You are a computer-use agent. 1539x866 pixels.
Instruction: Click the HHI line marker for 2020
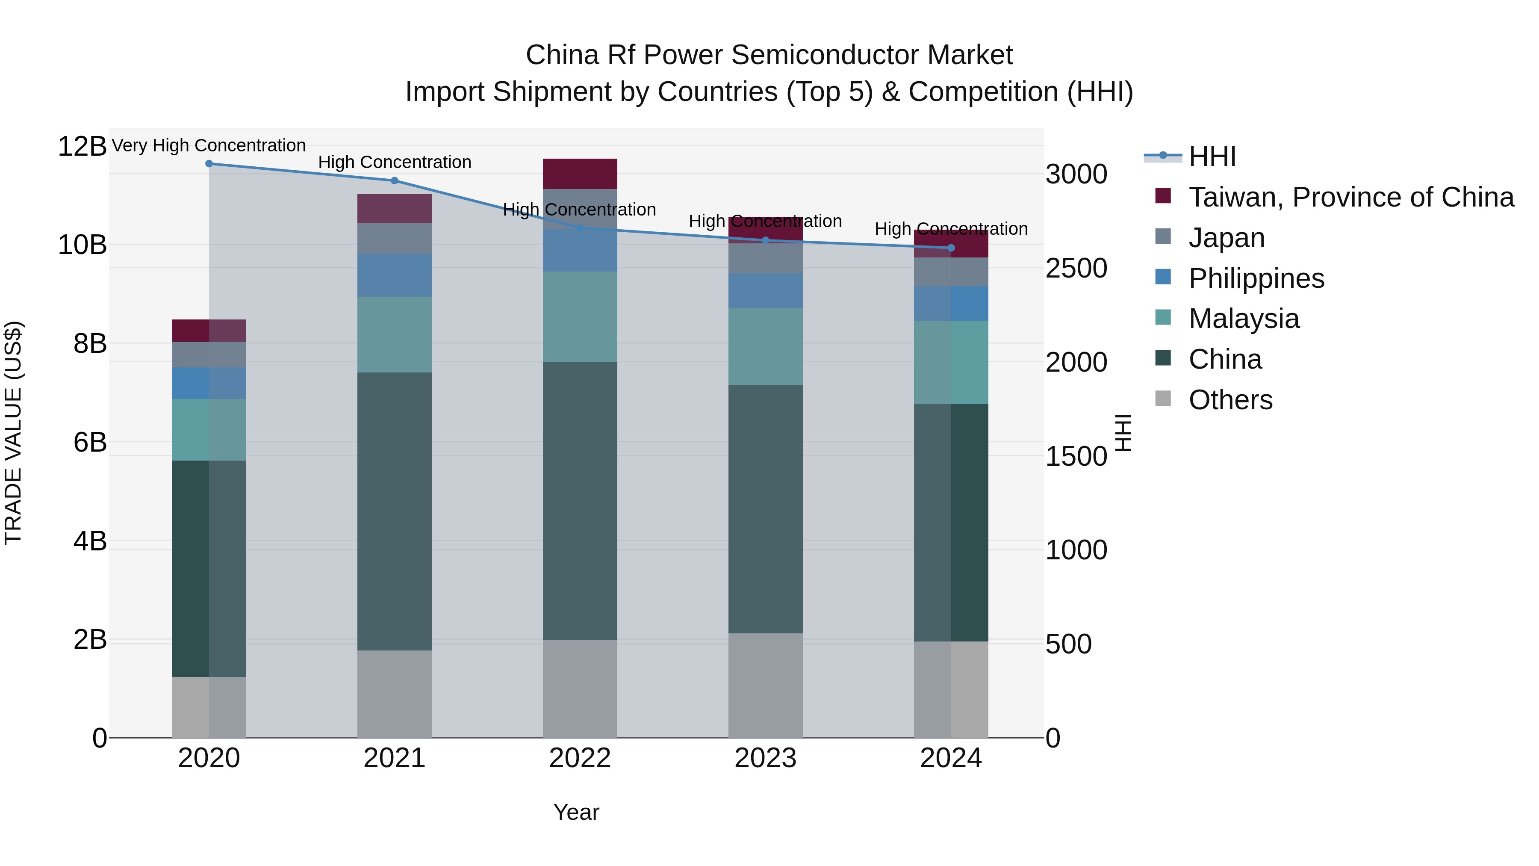[x=209, y=164]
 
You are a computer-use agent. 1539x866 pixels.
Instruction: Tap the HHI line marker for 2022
[x=580, y=228]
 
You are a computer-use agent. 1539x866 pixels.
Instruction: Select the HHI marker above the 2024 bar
[x=951, y=248]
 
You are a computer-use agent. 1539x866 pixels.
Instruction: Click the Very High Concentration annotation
[x=209, y=145]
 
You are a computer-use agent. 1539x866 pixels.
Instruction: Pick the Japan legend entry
[x=1226, y=238]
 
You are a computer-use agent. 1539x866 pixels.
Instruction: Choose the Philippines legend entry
[x=1256, y=278]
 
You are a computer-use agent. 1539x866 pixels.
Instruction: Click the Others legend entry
[x=1230, y=400]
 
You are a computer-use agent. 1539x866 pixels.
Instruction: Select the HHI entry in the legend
[x=1212, y=157]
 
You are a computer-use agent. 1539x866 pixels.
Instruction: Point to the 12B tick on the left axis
[x=82, y=146]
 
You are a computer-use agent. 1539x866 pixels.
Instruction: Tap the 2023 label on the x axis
[x=765, y=758]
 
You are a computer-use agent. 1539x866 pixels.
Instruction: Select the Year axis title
[x=576, y=812]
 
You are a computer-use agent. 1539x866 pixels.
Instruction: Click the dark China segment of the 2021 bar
[x=394, y=511]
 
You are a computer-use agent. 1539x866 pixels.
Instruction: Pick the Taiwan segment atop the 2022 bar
[x=580, y=173]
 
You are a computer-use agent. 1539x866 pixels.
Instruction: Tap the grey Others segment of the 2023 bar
[x=765, y=685]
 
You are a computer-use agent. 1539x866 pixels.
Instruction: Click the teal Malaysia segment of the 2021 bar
[x=394, y=335]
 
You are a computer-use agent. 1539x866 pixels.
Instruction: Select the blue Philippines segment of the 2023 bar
[x=765, y=291]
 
